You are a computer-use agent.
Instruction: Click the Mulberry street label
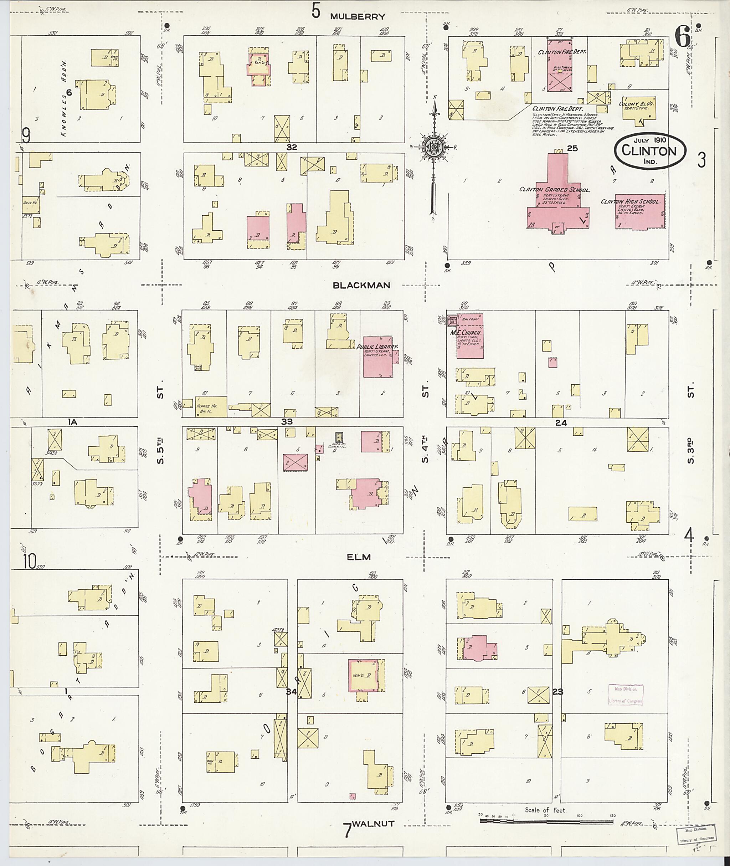pyautogui.click(x=358, y=16)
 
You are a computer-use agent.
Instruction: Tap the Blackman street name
pyautogui.click(x=361, y=285)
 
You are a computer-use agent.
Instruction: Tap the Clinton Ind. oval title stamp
pyautogui.click(x=649, y=151)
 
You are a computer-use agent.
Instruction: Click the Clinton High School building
pyautogui.click(x=640, y=211)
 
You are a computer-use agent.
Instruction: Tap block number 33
pyautogui.click(x=287, y=422)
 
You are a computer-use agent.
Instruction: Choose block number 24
pyautogui.click(x=561, y=422)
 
